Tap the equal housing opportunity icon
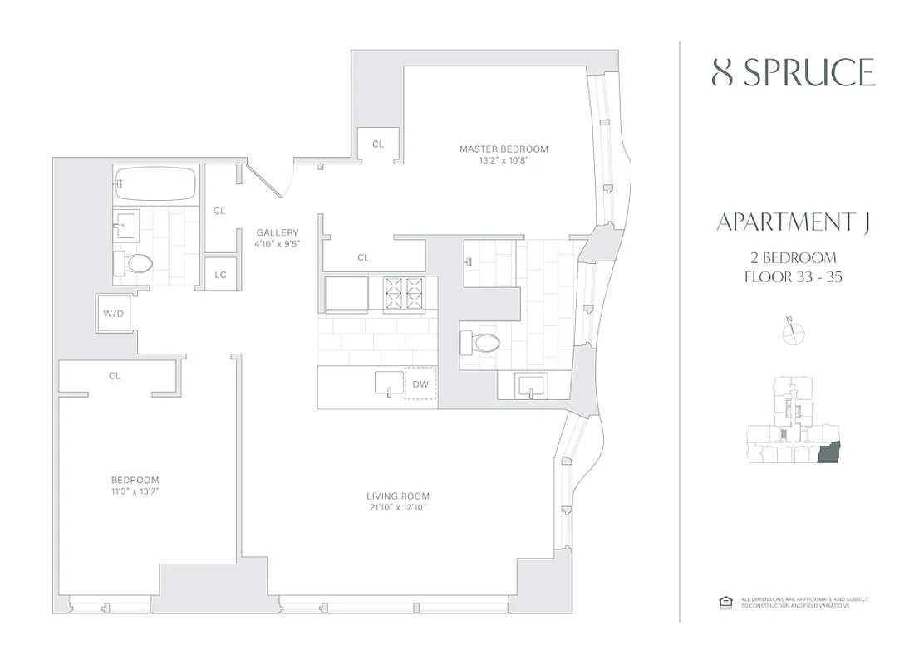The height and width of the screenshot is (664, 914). click(723, 602)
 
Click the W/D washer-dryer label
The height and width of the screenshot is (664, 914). click(113, 314)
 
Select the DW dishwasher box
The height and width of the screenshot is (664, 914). click(420, 383)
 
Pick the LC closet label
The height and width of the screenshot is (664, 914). click(220, 275)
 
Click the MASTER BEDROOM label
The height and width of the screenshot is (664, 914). click(504, 149)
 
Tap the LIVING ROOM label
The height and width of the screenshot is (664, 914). click(398, 496)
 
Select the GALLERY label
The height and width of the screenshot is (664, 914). click(277, 232)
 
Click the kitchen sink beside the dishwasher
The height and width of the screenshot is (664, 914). click(388, 384)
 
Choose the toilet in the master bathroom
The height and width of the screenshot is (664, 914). click(480, 341)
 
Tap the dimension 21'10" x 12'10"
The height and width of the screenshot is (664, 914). click(398, 507)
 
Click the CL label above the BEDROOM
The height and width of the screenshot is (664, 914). click(115, 376)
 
